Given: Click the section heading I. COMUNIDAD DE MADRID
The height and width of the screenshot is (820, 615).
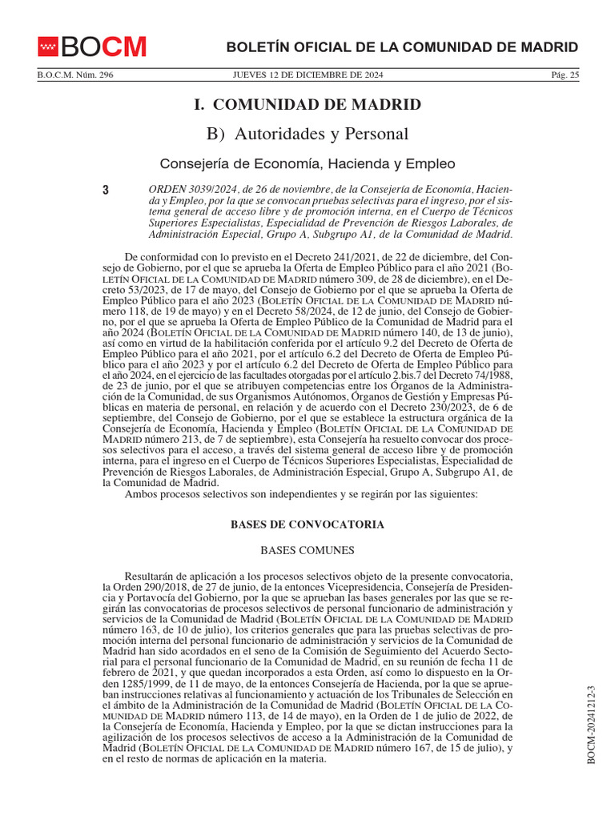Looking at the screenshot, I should point(307,105).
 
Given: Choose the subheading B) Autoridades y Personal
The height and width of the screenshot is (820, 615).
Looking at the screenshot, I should point(307,134).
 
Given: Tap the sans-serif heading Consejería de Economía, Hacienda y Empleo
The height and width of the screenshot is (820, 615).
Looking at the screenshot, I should point(307,164).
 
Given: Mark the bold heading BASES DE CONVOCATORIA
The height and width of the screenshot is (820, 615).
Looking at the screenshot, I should point(307,525).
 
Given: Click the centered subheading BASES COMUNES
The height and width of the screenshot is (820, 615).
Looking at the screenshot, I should point(307,551).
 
